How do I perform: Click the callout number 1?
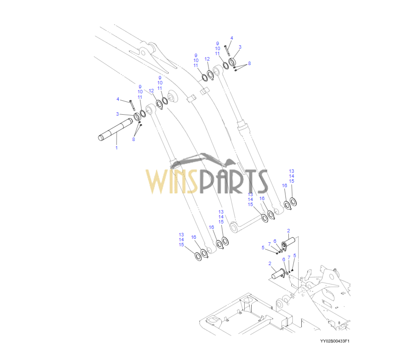[x=116, y=148]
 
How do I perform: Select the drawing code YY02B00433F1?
[x=335, y=341]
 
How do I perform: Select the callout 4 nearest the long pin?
[x=118, y=99]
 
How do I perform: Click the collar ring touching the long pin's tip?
[x=136, y=118]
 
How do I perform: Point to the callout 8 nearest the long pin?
[x=133, y=140]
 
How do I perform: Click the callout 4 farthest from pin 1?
[x=231, y=38]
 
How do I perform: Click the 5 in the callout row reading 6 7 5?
[x=294, y=255]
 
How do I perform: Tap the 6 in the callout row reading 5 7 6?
[x=274, y=241]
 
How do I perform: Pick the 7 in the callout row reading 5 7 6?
[x=269, y=244]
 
